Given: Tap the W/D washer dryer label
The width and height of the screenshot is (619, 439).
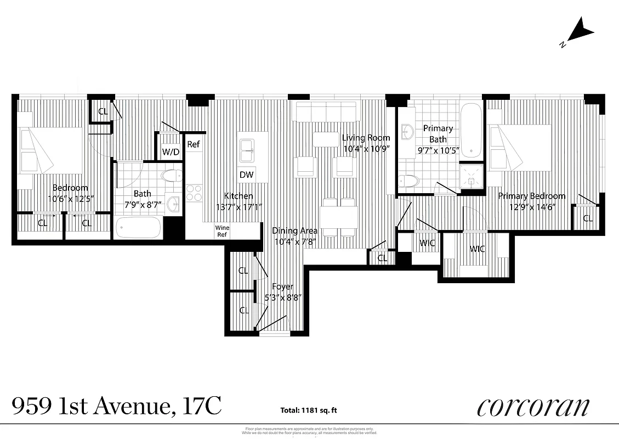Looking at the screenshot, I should click(x=171, y=152).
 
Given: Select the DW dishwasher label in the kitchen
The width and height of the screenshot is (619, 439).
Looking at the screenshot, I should click(x=246, y=175).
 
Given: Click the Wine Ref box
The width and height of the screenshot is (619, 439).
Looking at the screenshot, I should click(x=222, y=231).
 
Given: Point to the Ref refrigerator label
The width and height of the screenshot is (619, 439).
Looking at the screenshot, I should click(x=193, y=145).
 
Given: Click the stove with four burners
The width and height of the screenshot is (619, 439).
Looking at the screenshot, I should click(x=194, y=193).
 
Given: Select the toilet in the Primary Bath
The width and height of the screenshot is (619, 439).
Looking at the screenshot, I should click(x=409, y=181).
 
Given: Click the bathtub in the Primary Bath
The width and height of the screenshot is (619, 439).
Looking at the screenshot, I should click(x=472, y=130).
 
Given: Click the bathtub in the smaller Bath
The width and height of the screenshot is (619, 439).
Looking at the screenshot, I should click(x=139, y=227).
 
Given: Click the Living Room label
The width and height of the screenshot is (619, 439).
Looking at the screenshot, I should click(x=366, y=138).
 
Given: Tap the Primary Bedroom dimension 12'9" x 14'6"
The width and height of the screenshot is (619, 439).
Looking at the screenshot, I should click(x=531, y=207).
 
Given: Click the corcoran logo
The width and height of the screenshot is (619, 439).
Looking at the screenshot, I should click(x=533, y=407).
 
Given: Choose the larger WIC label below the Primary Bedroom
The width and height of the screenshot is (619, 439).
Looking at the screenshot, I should click(x=477, y=249).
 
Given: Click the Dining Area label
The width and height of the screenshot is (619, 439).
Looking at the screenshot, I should click(x=294, y=230).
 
